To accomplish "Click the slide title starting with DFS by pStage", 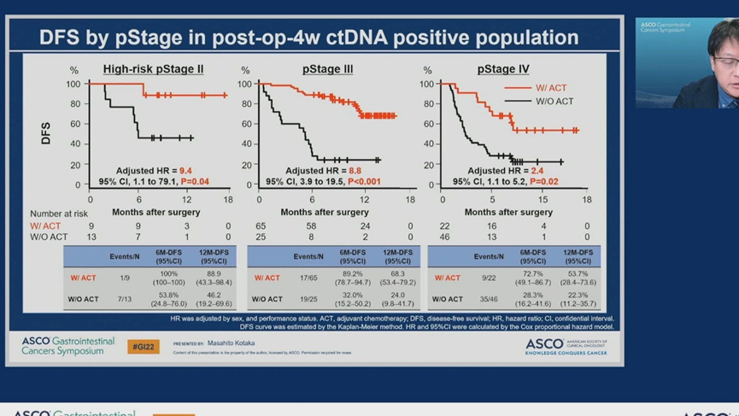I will point(308,38).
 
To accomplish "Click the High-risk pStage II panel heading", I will point(153,69).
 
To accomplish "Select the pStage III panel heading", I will point(327,69).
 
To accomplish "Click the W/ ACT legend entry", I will point(551,88).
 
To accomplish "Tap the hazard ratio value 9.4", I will point(185,172).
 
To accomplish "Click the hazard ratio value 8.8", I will point(355,172).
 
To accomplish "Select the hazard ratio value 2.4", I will point(537,172).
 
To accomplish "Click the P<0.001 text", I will point(364,182).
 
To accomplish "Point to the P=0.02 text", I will point(543,182).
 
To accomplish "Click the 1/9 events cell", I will point(125,278).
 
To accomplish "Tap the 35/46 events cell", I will point(489,300).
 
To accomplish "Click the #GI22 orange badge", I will point(143,346).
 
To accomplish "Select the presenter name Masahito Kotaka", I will point(231,343).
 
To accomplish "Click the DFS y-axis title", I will point(46,132).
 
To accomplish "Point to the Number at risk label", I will point(59,214).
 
